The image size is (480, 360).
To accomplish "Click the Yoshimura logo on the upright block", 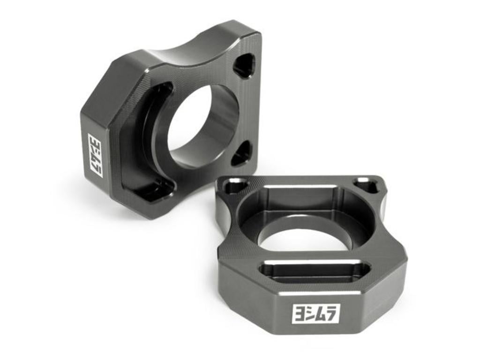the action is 96,155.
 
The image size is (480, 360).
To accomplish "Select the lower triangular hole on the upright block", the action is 241,152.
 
